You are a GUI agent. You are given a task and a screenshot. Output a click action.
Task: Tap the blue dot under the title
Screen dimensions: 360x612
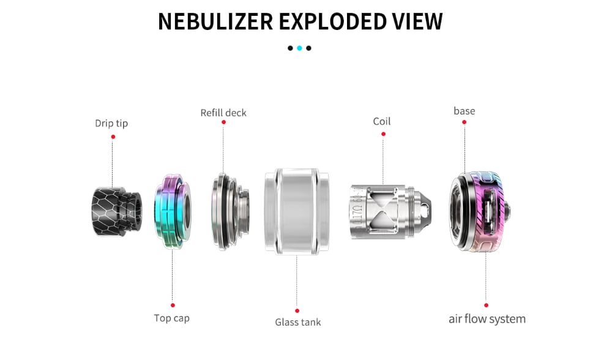click(x=299, y=48)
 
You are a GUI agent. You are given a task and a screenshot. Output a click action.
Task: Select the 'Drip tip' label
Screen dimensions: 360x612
click(x=111, y=123)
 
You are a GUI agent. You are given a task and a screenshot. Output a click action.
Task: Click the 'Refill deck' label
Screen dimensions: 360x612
click(x=223, y=113)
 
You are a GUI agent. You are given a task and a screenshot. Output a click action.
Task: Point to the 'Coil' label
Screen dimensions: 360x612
click(x=382, y=121)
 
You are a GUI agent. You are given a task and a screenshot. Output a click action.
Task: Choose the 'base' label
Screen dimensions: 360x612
click(x=464, y=111)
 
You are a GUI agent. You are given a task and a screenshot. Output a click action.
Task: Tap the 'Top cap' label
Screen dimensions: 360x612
click(x=171, y=318)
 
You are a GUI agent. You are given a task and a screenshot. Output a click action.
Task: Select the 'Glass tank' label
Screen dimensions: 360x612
click(x=297, y=322)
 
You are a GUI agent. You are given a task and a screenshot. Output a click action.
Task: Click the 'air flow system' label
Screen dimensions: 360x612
click(x=487, y=319)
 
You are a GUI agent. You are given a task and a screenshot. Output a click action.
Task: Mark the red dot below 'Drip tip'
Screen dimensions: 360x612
click(x=113, y=137)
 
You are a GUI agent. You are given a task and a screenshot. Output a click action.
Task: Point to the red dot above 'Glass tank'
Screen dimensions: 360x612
click(x=297, y=310)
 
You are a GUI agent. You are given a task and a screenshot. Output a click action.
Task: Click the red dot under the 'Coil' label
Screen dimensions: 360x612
click(x=382, y=133)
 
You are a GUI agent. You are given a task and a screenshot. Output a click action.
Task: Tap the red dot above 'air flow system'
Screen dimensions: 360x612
click(x=486, y=305)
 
